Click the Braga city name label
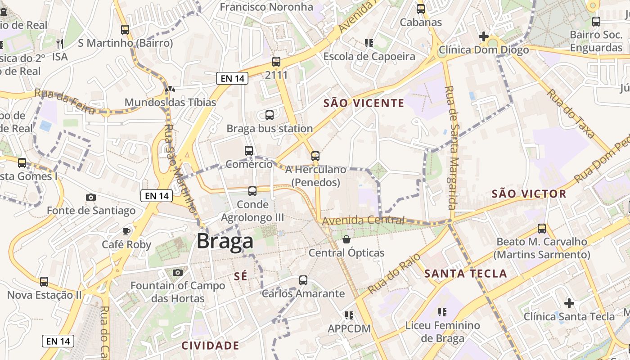coord(225,242)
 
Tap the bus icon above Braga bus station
coord(270,115)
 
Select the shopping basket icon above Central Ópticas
coord(346,239)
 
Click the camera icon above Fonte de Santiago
coord(91,197)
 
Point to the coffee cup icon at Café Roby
coord(126,231)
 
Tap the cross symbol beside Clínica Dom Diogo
coord(484,36)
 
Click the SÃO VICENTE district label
coord(364,103)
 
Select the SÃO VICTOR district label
coord(529,194)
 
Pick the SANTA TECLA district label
coord(465,273)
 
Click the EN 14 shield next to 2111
coord(233,78)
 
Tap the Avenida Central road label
coord(363,220)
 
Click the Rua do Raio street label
coord(394,273)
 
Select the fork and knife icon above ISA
coord(60,43)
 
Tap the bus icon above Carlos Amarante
coord(303,280)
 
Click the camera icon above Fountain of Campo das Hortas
coord(178,272)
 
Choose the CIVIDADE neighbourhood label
coord(210,346)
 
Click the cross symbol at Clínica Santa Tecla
coord(569,303)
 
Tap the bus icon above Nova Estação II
coord(44,282)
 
